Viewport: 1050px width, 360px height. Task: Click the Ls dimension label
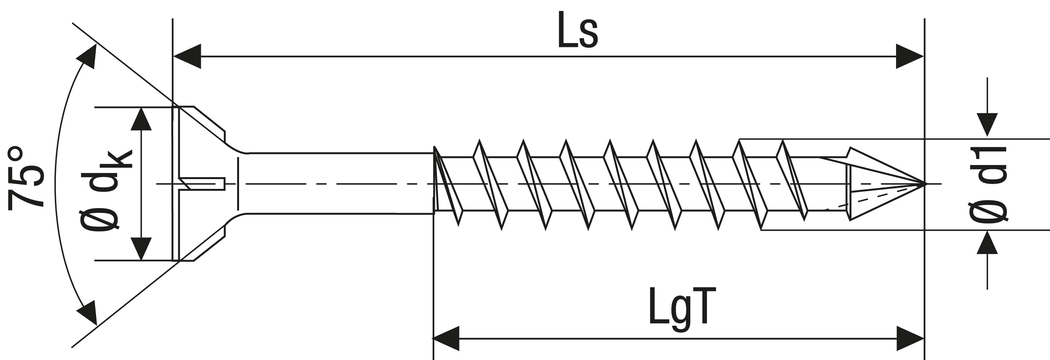pos(577,30)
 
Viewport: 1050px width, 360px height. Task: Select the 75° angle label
pos(25,178)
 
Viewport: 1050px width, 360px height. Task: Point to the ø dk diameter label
pos(106,189)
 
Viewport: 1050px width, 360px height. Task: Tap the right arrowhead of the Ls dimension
pos(909,56)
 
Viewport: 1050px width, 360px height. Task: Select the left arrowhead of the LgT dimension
pos(446,338)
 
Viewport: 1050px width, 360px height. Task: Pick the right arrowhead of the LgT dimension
pos(909,338)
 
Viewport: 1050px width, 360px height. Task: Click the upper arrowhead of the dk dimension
pos(141,119)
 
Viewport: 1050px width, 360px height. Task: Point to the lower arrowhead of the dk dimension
pos(141,248)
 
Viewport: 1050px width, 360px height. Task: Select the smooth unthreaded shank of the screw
pos(338,184)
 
